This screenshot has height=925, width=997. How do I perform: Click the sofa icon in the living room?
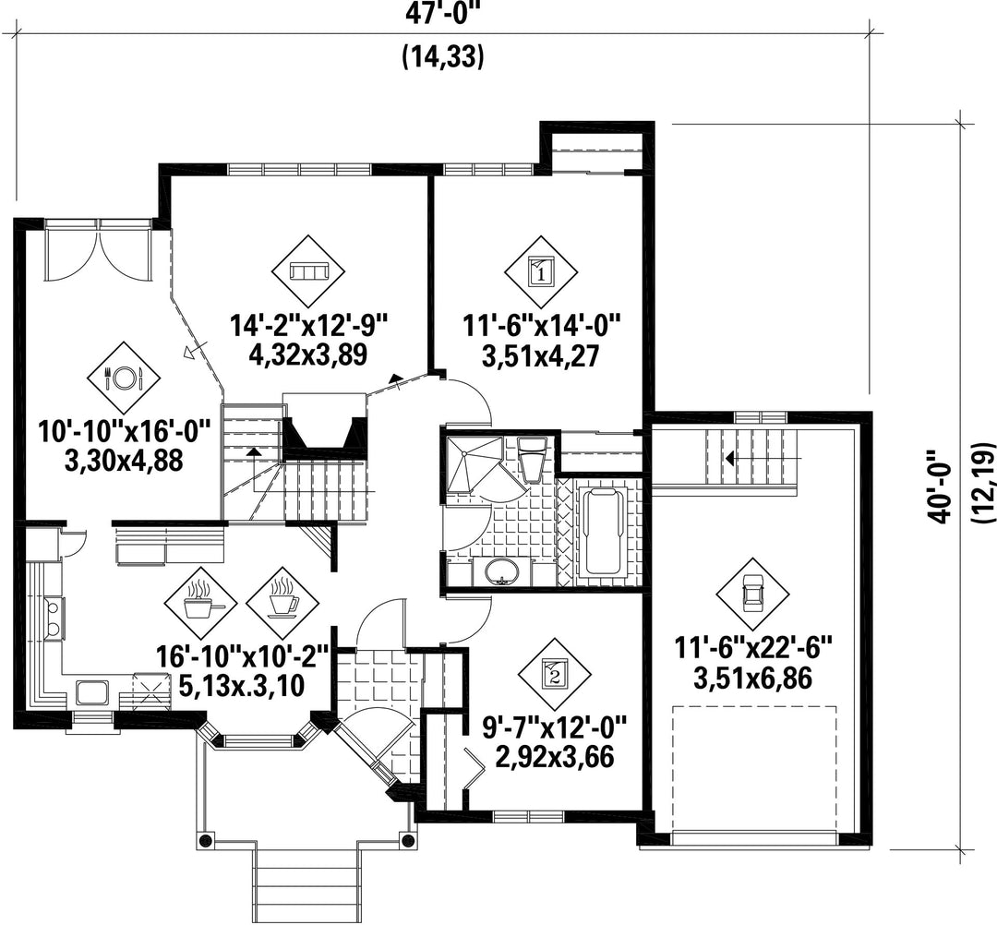(x=307, y=272)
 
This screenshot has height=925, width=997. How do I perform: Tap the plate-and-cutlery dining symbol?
(x=124, y=378)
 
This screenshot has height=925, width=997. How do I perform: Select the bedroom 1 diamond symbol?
(x=541, y=272)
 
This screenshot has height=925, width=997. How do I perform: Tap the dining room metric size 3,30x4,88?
(x=124, y=461)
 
